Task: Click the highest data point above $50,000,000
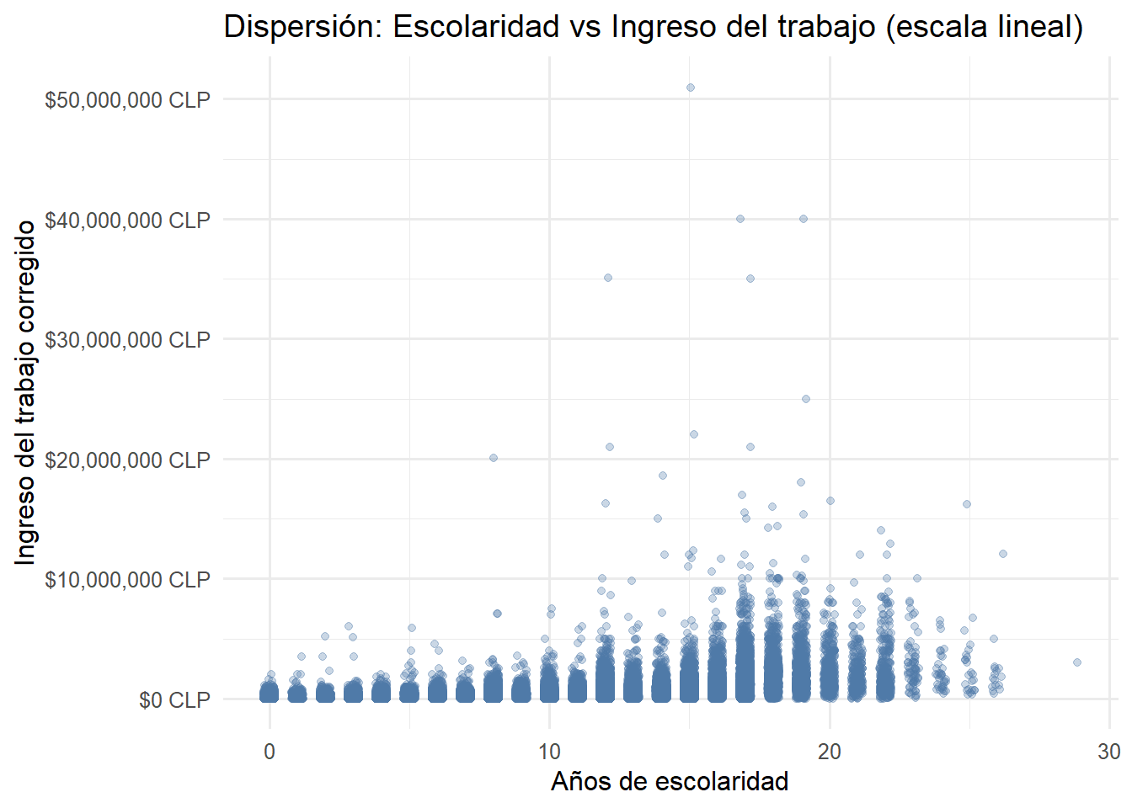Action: [x=691, y=88]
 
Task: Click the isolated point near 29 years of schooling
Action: [x=1077, y=662]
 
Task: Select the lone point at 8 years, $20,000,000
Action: [x=494, y=458]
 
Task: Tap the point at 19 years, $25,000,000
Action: [x=806, y=399]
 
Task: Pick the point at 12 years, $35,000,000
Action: [x=608, y=278]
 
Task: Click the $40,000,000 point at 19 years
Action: [x=804, y=219]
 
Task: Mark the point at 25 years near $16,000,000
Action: [x=967, y=504]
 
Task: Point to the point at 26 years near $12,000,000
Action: [x=1003, y=554]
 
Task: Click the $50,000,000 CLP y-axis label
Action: [x=127, y=100]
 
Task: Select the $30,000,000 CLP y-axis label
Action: [x=127, y=340]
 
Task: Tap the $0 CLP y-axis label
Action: [x=174, y=700]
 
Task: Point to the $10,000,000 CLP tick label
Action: [x=127, y=580]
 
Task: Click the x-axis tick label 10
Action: [x=549, y=752]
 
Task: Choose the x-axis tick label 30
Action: [x=1109, y=752]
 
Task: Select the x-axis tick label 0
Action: [x=270, y=752]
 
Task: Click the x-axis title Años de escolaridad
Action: [x=670, y=782]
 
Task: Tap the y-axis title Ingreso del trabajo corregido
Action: [x=26, y=393]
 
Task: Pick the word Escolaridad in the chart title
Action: [x=477, y=27]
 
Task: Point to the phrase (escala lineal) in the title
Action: [x=985, y=27]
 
